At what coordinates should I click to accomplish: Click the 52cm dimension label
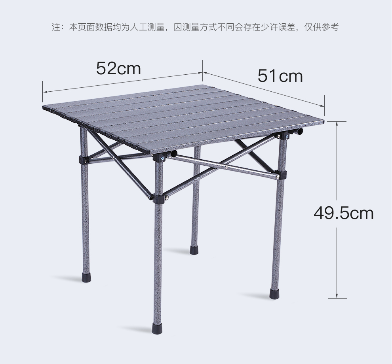(x=118, y=68)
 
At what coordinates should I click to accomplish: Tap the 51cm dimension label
(x=280, y=75)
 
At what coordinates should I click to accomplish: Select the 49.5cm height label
(x=343, y=213)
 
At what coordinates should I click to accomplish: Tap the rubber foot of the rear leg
(x=194, y=249)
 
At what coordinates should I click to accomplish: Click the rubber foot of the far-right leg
(x=274, y=294)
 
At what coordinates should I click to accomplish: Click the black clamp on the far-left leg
(x=84, y=160)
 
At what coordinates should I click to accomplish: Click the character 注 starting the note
(x=55, y=27)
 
